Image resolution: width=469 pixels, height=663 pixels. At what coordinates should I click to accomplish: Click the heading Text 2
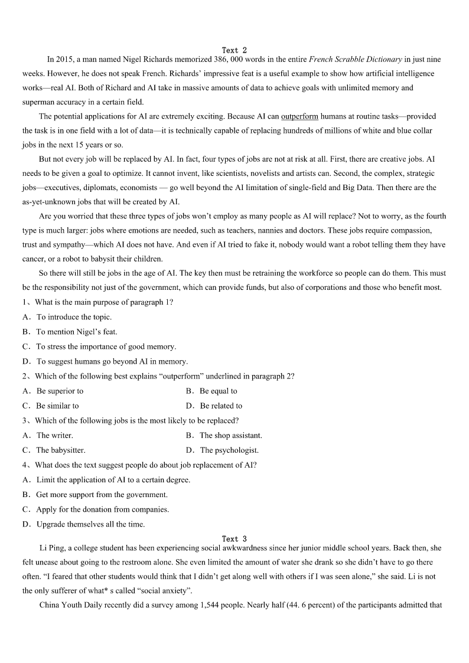(234, 50)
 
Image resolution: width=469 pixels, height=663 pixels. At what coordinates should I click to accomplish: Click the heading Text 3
(234, 538)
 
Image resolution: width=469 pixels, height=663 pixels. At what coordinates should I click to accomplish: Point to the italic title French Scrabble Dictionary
(356, 60)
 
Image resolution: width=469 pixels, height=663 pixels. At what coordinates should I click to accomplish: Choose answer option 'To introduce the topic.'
(74, 317)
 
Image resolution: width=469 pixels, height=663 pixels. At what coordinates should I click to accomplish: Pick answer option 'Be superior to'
(60, 391)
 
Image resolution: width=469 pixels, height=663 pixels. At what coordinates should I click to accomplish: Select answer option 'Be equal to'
(218, 391)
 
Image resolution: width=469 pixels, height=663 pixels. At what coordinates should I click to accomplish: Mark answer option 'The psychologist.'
(229, 450)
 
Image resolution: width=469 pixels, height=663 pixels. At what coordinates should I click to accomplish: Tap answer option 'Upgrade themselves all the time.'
(90, 524)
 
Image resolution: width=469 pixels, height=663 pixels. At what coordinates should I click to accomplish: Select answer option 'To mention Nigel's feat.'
(77, 332)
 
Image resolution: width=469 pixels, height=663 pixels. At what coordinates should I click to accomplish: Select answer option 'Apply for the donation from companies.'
(102, 509)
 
